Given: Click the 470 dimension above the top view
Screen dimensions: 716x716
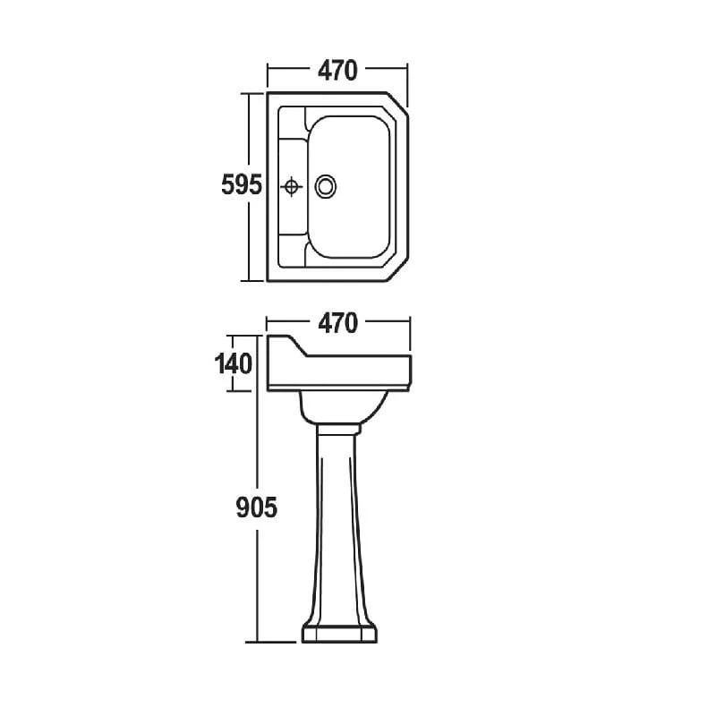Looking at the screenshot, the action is coord(337,71).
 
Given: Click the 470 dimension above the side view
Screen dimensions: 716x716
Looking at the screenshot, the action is coord(337,323).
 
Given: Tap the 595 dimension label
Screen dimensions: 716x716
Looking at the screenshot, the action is coord(242,185).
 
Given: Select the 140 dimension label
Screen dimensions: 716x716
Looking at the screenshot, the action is coord(234,364).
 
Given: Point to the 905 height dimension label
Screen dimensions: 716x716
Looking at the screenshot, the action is coord(256,507).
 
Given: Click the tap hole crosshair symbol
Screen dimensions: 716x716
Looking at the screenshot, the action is coord(292,186).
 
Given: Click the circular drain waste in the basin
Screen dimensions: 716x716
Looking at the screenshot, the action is coord(326,186).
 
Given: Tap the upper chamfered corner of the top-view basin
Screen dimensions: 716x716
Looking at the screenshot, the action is coord(397,102).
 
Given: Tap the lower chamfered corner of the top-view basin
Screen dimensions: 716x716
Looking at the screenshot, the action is coord(397,270).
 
